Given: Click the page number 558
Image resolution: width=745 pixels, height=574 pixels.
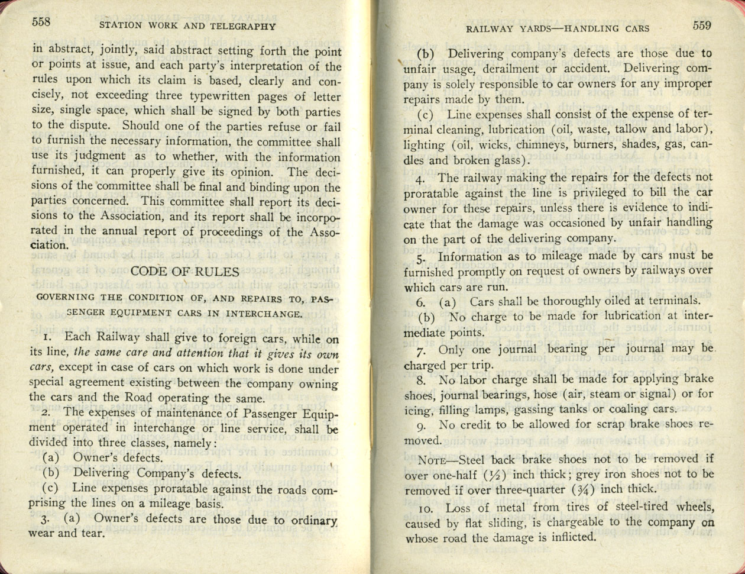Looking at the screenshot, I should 41,22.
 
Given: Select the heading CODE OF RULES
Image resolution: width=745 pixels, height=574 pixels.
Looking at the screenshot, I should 184,272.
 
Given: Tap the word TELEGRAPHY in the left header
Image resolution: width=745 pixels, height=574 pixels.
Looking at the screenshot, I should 244,26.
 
